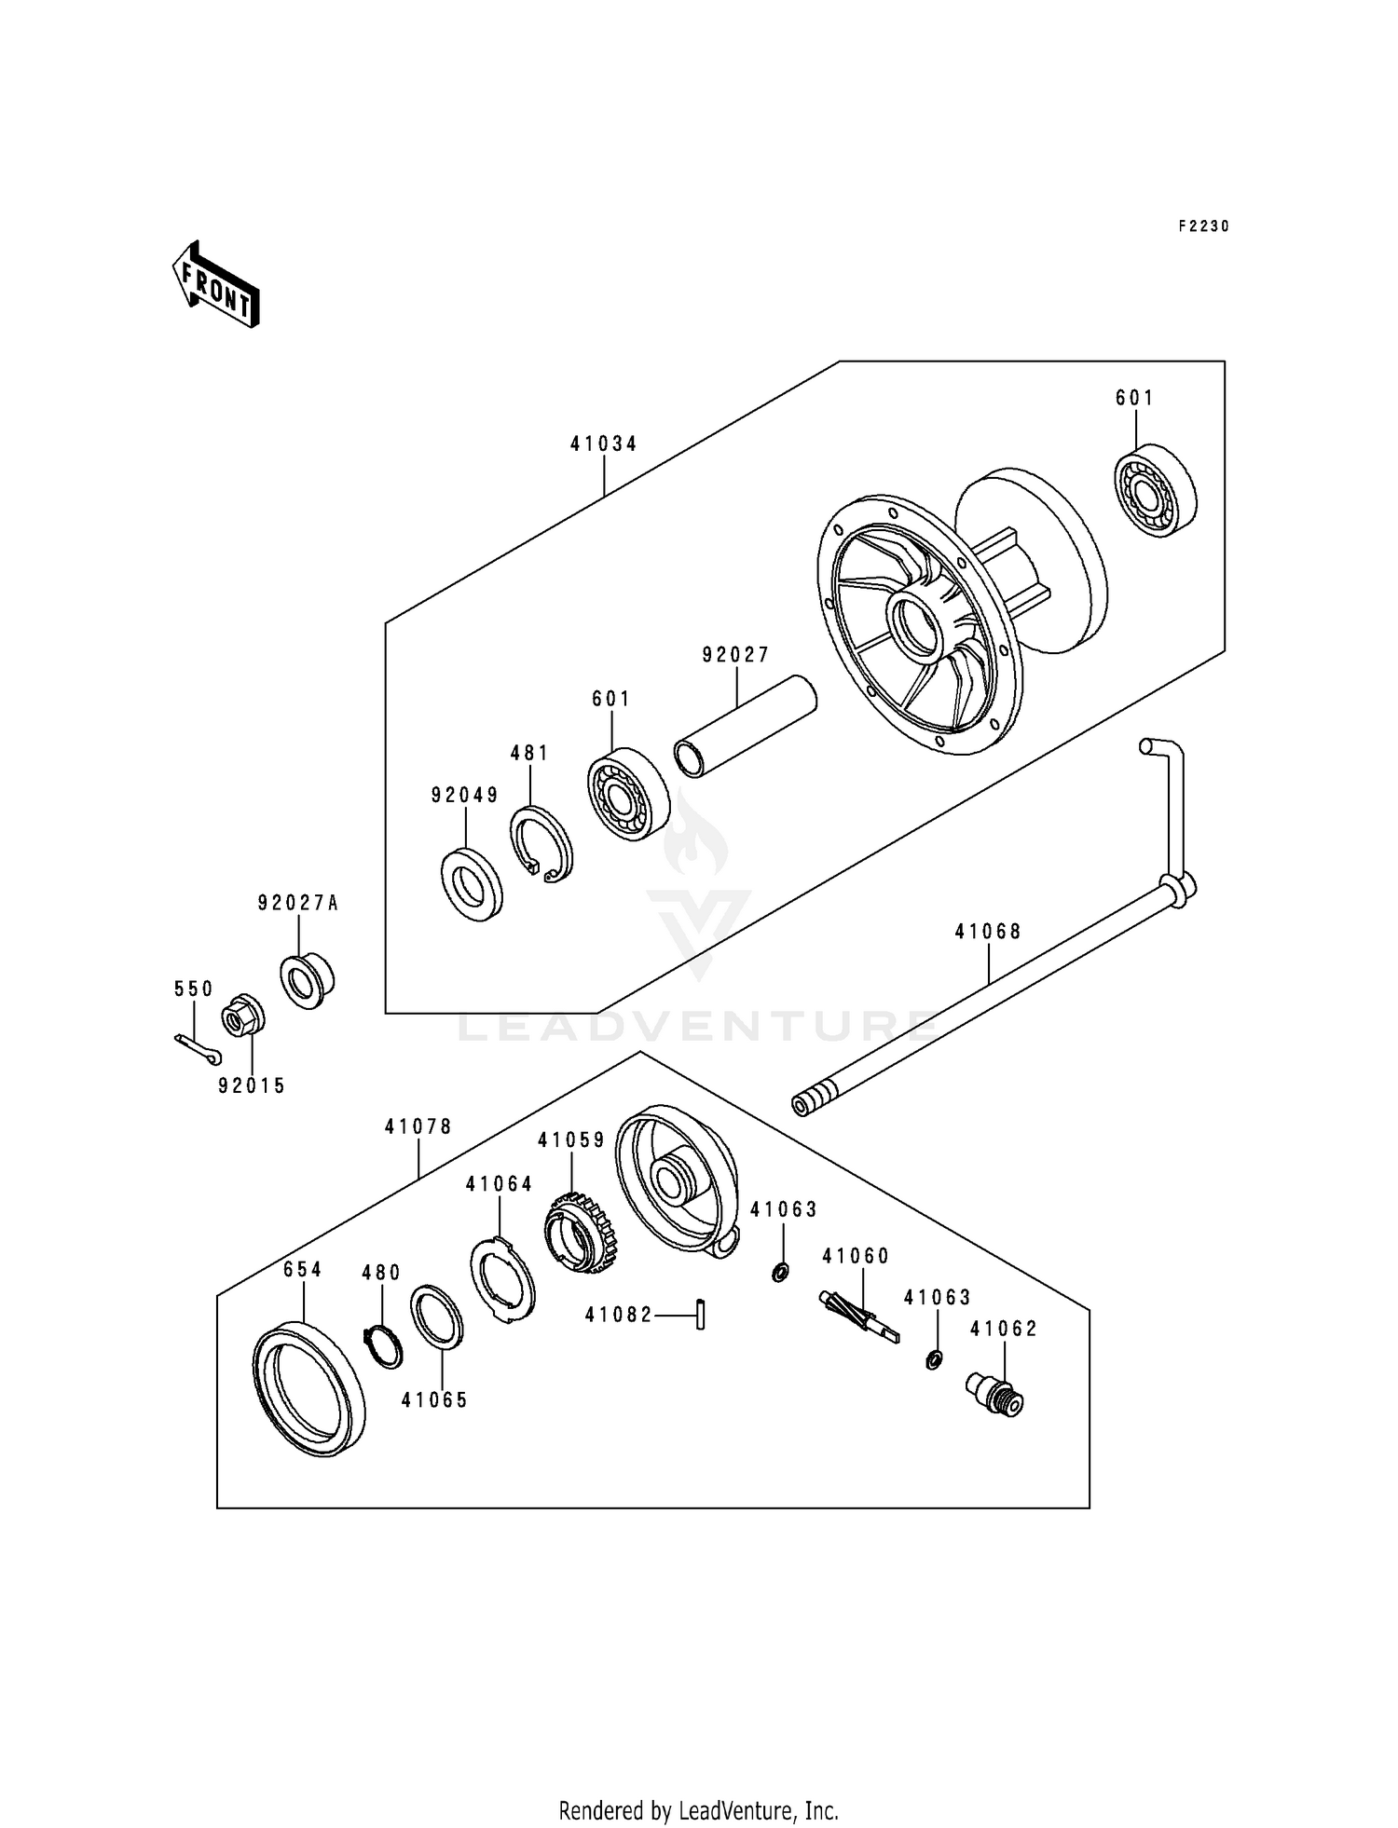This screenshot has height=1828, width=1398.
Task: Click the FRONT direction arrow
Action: [x=215, y=285]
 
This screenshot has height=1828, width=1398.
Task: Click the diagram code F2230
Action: [x=1203, y=226]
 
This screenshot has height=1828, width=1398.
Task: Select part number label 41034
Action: [x=604, y=444]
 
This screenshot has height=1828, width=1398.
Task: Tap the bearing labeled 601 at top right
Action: [x=1157, y=493]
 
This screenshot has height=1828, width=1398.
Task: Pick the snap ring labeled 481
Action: [x=541, y=844]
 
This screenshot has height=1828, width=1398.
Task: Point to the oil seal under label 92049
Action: [x=471, y=884]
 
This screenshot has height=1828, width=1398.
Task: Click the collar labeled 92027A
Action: [x=308, y=978]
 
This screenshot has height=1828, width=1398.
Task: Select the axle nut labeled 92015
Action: [x=242, y=1017]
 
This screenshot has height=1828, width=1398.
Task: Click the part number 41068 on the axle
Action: [x=988, y=931]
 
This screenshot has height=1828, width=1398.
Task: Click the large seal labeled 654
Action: [x=308, y=1386]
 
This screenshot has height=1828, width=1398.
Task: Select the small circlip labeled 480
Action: [x=382, y=1346]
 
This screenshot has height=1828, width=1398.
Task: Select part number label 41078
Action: [x=418, y=1127]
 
